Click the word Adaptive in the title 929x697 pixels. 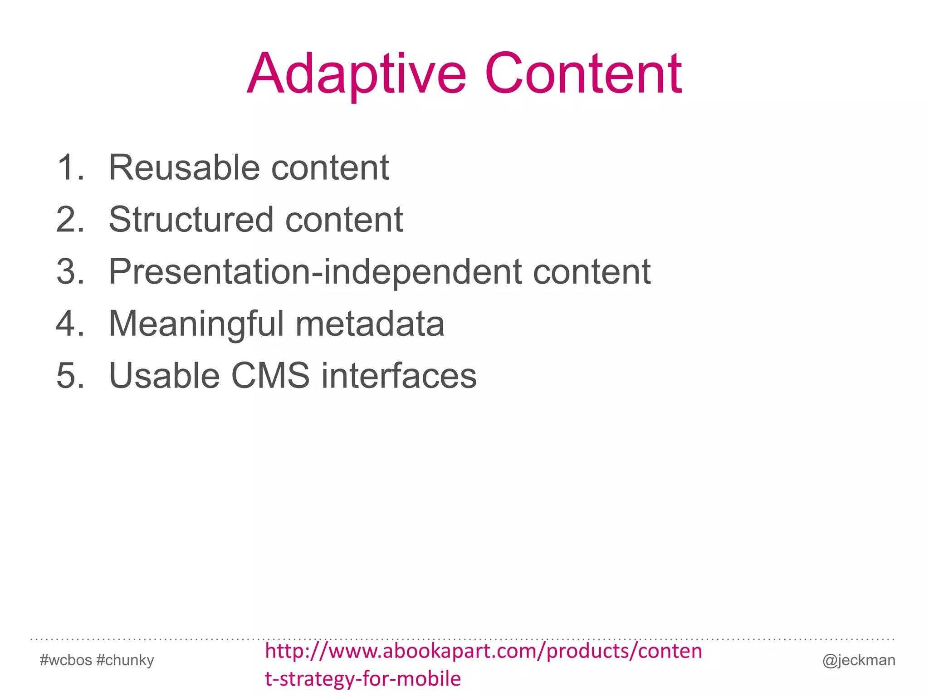coord(357,75)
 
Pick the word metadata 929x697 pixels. coord(370,324)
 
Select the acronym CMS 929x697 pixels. coord(270,376)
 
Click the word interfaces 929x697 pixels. coord(399,376)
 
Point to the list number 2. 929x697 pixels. coord(70,220)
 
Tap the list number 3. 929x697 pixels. coord(70,272)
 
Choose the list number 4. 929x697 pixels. coord(70,324)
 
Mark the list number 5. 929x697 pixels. coord(70,376)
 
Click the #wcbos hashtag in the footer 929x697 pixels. coord(66,660)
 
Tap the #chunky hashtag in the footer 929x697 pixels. coord(125,660)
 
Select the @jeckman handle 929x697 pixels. coord(859,660)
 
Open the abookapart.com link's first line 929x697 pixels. coord(484,652)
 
